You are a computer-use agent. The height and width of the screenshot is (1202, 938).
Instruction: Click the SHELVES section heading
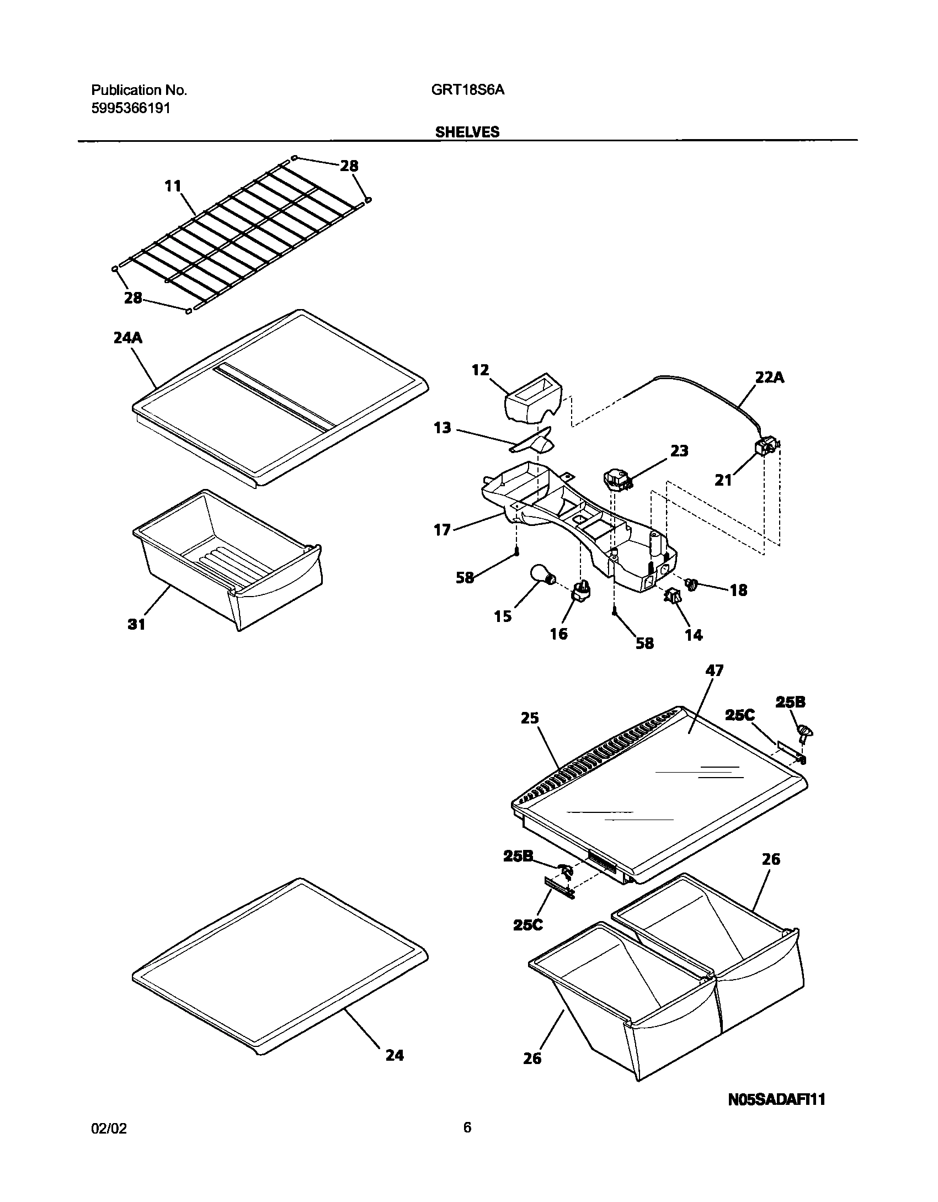point(467,132)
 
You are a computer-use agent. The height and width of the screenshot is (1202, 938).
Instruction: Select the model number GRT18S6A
point(468,90)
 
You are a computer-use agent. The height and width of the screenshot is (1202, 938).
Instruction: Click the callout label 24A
point(127,338)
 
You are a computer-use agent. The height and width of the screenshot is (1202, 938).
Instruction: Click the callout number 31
point(136,624)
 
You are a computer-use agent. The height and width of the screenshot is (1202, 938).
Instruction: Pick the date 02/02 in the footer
point(109,1145)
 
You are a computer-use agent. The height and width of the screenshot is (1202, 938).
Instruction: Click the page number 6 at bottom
point(467,1143)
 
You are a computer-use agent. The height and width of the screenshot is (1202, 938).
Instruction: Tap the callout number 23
point(679,451)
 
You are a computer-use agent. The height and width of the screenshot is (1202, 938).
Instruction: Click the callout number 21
point(723,480)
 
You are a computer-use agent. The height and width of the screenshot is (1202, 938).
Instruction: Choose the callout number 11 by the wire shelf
point(173,187)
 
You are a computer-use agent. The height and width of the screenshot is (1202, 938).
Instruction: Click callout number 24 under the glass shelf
point(395,1055)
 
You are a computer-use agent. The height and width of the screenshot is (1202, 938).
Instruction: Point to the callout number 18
point(738,590)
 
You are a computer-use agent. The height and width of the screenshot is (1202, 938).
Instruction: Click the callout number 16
point(558,634)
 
